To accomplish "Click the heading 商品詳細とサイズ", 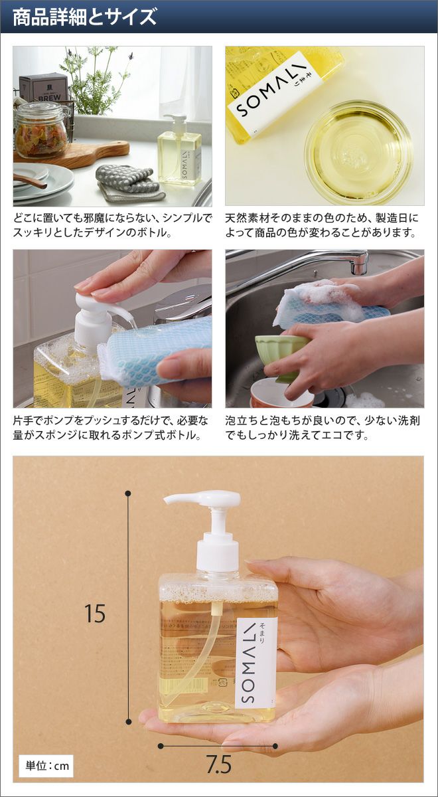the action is (85, 17).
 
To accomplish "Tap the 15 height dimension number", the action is (95, 614).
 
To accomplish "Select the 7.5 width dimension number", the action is (219, 764).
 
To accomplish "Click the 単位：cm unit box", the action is (46, 765).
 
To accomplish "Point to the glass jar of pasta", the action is (42, 130).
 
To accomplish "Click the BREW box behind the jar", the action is (44, 88).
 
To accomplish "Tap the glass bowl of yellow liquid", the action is (358, 152).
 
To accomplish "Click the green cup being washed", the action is (281, 357).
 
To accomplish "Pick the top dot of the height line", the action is (128, 493).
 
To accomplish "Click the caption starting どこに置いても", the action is (112, 225).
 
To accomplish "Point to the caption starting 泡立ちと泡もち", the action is (323, 428).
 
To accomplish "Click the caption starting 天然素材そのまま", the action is (322, 225).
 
